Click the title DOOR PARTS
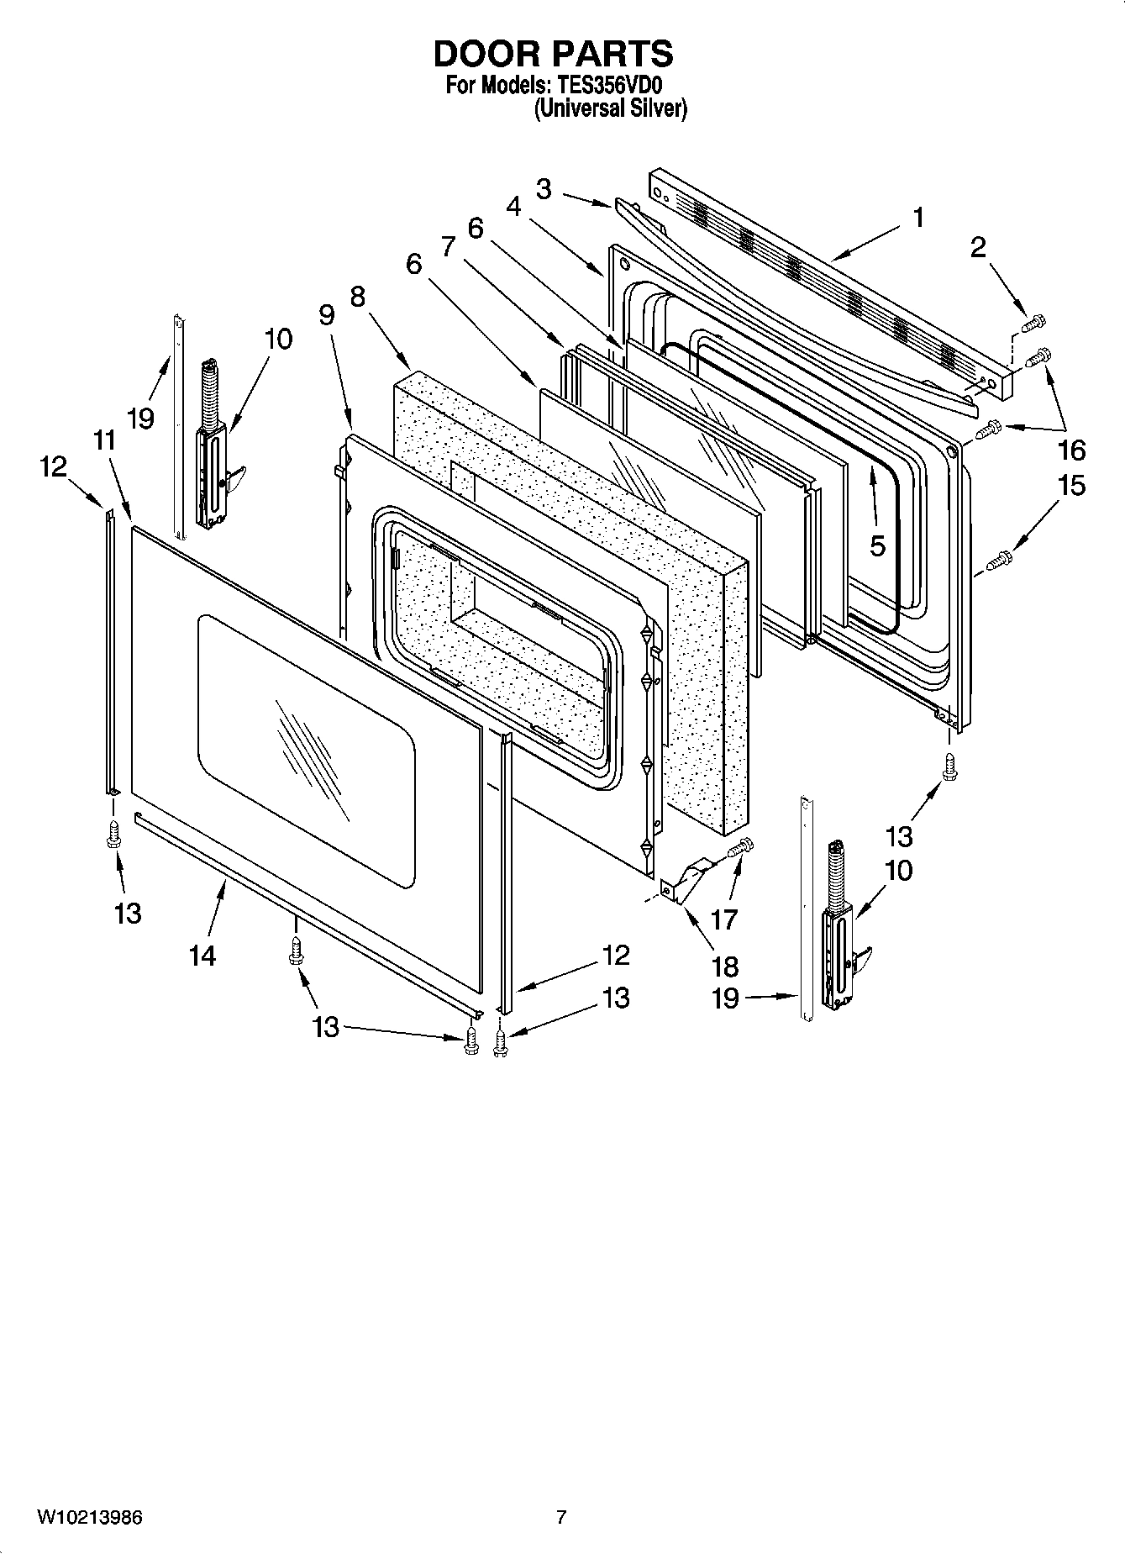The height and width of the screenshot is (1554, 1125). coord(553,54)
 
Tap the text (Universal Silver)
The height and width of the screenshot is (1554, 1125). coord(611,108)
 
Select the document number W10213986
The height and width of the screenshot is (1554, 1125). coord(89,1517)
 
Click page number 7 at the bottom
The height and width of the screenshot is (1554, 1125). coord(561,1517)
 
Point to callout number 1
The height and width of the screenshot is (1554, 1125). coord(918,218)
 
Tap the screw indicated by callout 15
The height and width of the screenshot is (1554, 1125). coord(999,557)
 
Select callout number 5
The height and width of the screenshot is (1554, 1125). coord(877,546)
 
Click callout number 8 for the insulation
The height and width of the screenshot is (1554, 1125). coord(358,297)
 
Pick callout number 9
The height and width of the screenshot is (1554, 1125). coord(326,315)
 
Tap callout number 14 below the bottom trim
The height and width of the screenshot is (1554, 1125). coord(202,955)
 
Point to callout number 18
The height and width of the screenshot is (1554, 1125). coord(724,967)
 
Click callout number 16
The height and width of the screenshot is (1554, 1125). coord(1072,450)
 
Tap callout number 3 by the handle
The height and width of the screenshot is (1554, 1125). coord(544,190)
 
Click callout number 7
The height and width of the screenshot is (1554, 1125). coord(448,247)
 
